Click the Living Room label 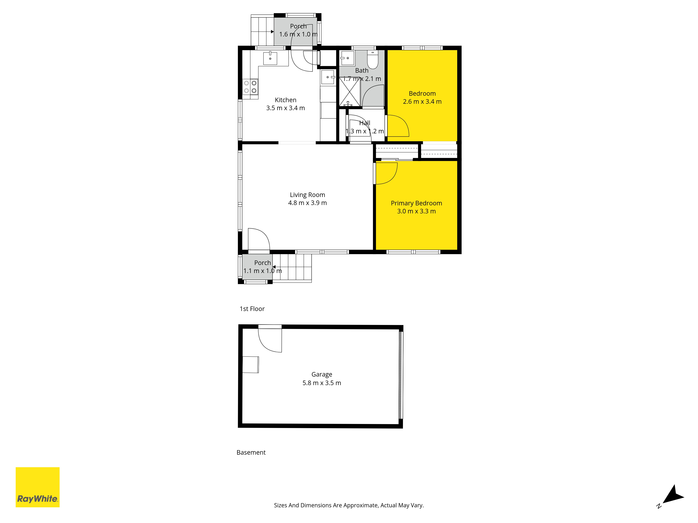click(x=307, y=195)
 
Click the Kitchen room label click(x=286, y=100)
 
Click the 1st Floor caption click(x=252, y=309)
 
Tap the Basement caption click(x=251, y=452)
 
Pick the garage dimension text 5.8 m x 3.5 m click(x=322, y=383)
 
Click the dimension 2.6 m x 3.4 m click(x=422, y=101)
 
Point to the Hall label click(x=365, y=123)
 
